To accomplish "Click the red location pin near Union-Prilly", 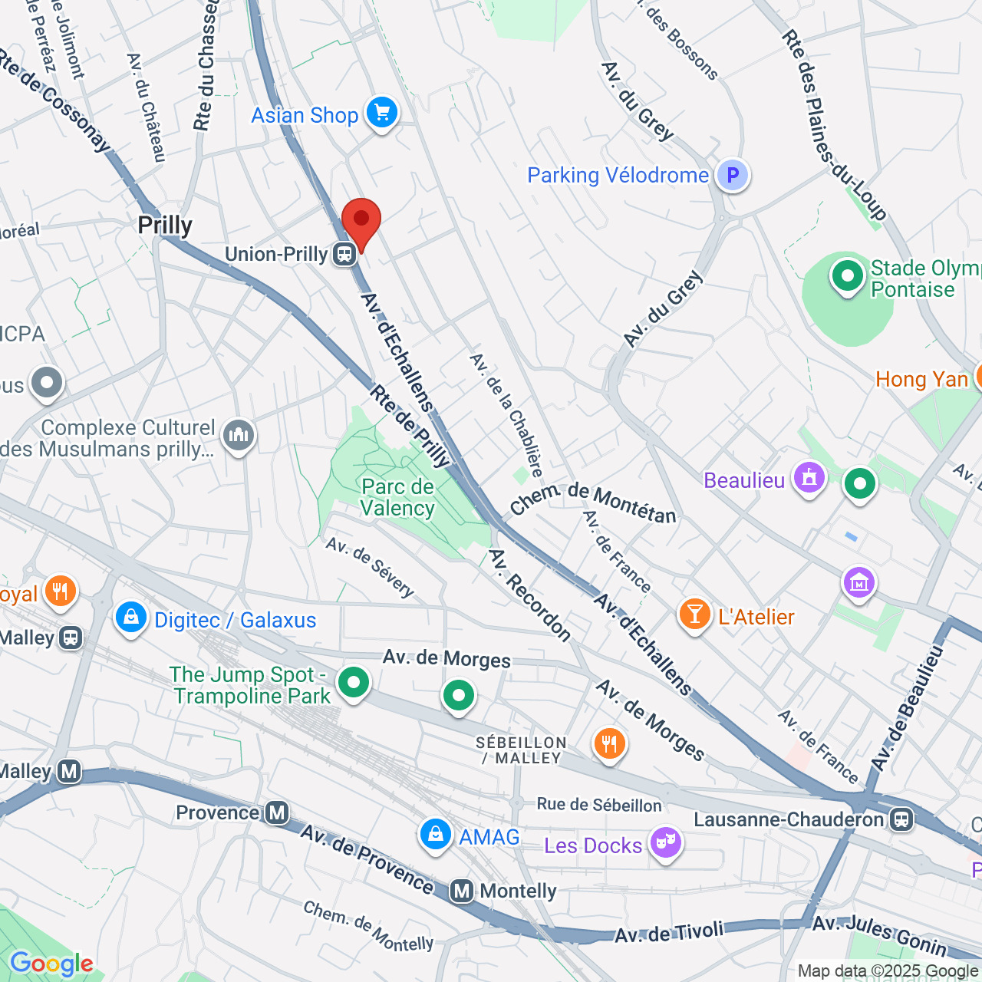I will [x=361, y=221].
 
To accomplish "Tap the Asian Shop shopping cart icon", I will [x=381, y=113].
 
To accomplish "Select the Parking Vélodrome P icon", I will [x=733, y=175].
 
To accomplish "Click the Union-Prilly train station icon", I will [x=344, y=254].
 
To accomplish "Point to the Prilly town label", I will [x=165, y=226].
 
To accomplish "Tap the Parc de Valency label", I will [x=397, y=497].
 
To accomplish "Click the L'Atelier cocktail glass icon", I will [x=694, y=615].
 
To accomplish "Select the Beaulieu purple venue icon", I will [x=809, y=479].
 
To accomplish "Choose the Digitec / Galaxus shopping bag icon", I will [x=131, y=618].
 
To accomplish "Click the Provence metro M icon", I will [x=276, y=812].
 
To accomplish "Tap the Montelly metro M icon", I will [x=462, y=891].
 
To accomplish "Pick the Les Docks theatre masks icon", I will [x=665, y=843].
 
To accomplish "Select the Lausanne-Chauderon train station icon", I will [x=901, y=819].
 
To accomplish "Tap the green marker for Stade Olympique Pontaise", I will [x=848, y=275].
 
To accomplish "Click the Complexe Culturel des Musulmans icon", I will [x=238, y=436].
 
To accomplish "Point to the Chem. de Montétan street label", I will [x=593, y=503].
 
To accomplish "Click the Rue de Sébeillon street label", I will [x=599, y=805].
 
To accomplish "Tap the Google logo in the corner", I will [x=51, y=964].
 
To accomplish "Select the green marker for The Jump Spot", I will [x=354, y=681].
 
